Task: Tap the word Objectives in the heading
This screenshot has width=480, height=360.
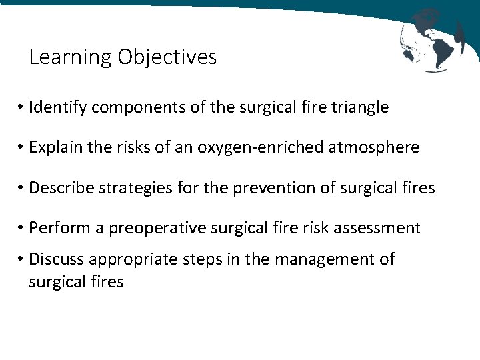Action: tap(167, 58)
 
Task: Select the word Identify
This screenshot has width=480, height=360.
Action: tap(59, 107)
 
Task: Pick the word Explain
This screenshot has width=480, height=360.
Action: tap(57, 148)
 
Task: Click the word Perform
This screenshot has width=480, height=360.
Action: tap(58, 228)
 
